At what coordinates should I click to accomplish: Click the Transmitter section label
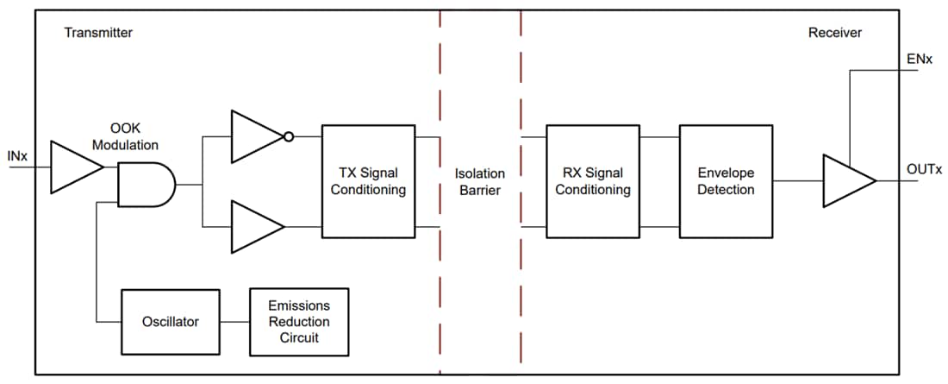coord(98,33)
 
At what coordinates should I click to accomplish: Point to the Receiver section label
coord(834,33)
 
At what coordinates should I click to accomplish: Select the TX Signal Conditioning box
coord(369,181)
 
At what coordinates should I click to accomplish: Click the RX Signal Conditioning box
coord(592,181)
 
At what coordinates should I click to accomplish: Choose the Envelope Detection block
coord(726,181)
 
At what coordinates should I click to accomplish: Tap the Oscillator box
coord(170,322)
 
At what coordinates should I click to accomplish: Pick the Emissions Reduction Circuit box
coord(298,322)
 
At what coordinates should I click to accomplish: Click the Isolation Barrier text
coord(480,181)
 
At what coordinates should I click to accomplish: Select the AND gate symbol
coord(145,184)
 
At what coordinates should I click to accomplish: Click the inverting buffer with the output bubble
coord(256,136)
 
